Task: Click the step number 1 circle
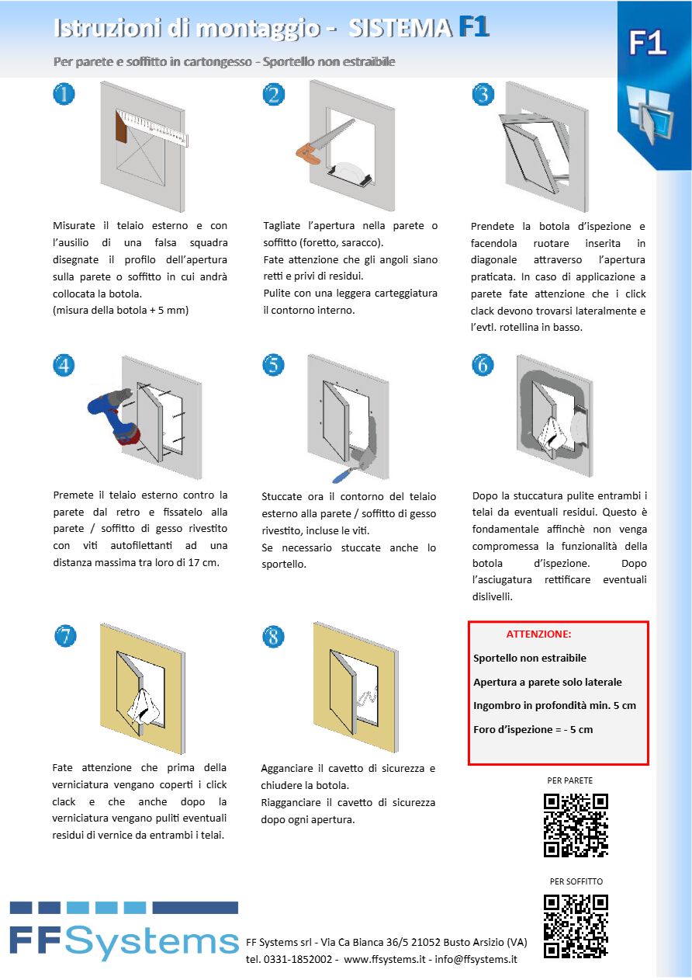64,94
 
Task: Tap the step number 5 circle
273,364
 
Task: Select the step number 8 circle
273,637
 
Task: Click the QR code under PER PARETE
576,825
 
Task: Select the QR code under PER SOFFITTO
576,926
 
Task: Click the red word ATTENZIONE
538,634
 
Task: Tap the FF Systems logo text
124,942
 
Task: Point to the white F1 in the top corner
648,43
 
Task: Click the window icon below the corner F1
649,114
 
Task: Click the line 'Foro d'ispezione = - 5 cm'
533,729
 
